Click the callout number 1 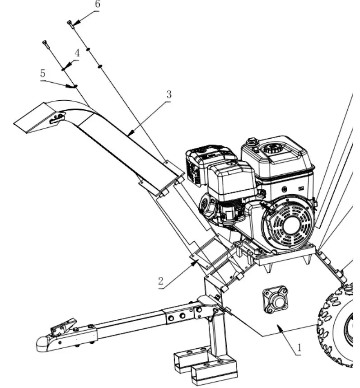point(299,348)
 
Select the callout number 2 point(161,281)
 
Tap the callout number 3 point(168,95)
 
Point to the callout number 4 point(77,53)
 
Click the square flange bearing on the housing point(275,299)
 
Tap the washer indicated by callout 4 point(63,70)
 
